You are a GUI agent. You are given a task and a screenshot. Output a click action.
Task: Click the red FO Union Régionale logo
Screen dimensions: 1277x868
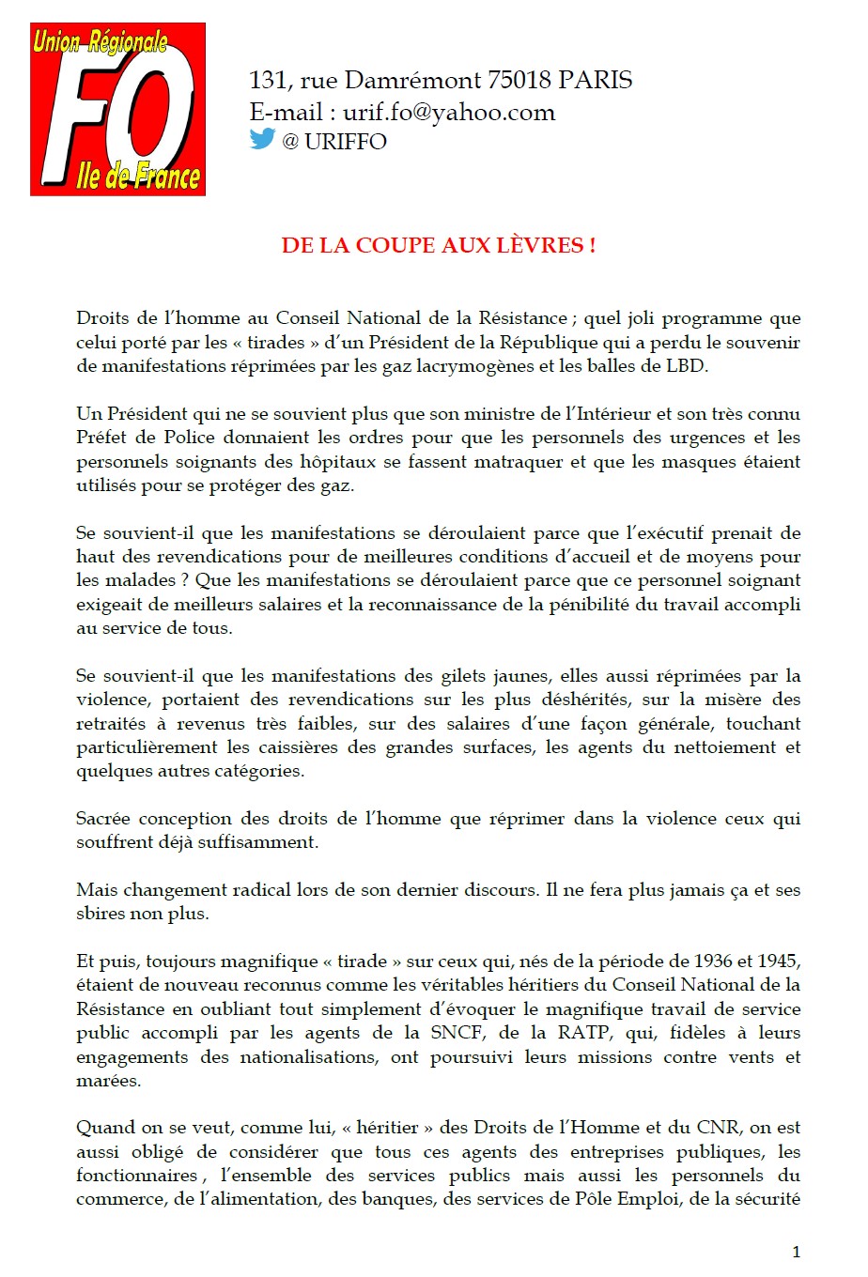tap(117, 110)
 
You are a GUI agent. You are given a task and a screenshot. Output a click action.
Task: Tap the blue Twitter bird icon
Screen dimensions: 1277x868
tap(262, 139)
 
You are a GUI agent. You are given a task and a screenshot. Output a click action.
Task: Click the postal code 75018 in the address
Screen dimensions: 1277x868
tap(519, 81)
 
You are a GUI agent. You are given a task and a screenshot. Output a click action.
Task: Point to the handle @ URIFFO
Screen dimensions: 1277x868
tap(333, 142)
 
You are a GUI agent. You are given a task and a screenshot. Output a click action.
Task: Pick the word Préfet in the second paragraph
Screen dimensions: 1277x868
tap(105, 438)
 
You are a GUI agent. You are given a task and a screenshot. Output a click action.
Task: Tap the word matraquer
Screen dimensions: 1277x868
tap(528, 462)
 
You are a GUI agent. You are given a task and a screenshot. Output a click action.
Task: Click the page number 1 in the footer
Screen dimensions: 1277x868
tap(797, 1252)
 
